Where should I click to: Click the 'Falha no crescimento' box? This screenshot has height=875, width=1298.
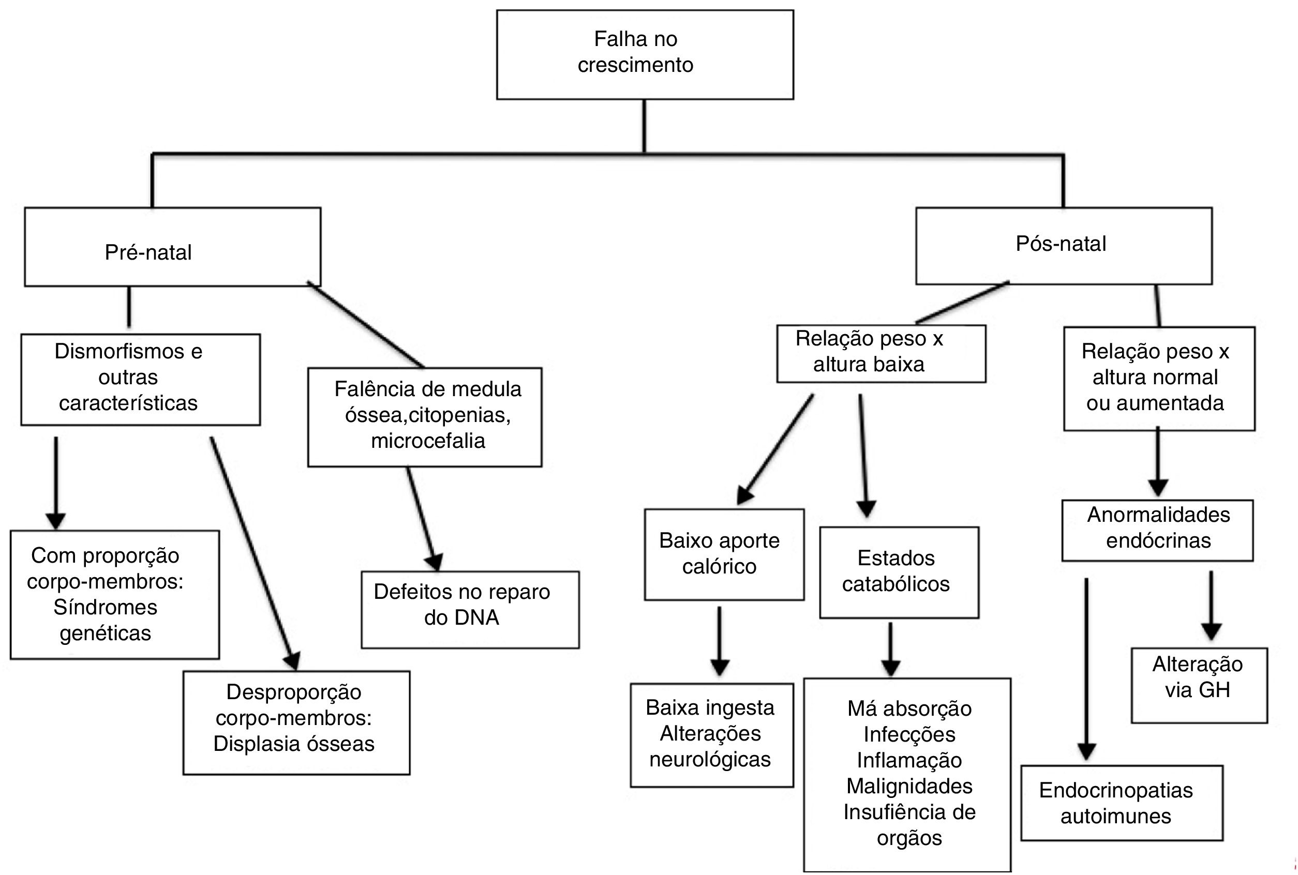click(x=645, y=54)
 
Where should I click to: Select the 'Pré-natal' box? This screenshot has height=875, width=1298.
click(x=172, y=247)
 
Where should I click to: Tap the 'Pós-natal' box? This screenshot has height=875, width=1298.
click(x=1064, y=246)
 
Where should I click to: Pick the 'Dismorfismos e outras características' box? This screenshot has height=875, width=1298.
click(x=140, y=380)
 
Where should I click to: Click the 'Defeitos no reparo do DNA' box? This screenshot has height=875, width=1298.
click(x=470, y=609)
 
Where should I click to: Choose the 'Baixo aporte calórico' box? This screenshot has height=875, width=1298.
click(x=724, y=554)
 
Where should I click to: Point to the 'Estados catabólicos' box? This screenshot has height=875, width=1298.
click(x=899, y=572)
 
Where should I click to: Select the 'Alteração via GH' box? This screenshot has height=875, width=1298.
click(x=1199, y=685)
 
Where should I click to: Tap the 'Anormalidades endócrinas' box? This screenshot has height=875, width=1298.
click(x=1157, y=530)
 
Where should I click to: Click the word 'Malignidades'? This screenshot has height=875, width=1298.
click(x=909, y=786)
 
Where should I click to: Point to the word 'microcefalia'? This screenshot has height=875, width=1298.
click(x=428, y=441)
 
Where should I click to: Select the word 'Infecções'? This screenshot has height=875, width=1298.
click(x=909, y=734)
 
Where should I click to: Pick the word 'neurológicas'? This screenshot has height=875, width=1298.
click(x=710, y=760)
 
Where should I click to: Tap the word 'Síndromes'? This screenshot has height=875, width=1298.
click(x=106, y=607)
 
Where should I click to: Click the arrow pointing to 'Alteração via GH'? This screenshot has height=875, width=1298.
click(x=1211, y=606)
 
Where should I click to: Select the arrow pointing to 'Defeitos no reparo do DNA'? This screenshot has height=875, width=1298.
click(x=423, y=519)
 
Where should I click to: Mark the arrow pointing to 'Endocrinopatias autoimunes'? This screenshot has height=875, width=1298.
click(x=1086, y=670)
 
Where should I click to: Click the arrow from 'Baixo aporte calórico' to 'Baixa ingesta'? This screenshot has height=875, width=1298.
click(x=720, y=642)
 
